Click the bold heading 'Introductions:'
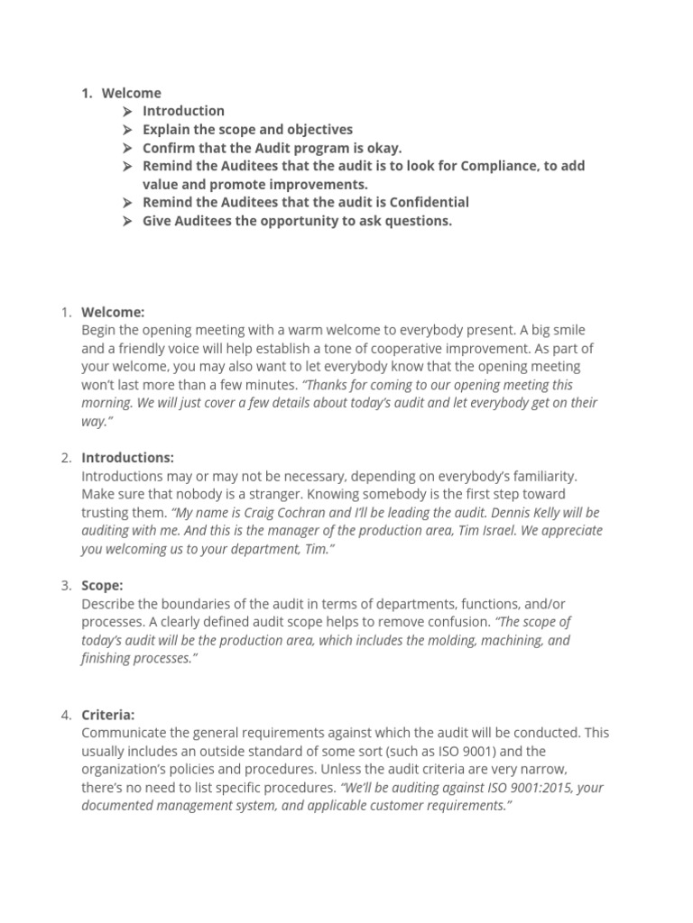(x=127, y=458)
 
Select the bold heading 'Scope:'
(x=102, y=586)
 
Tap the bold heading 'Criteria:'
(x=107, y=715)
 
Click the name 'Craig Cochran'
(x=288, y=513)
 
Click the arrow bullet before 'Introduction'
(x=127, y=111)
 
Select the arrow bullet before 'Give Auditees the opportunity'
(x=127, y=221)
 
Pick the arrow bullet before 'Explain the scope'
(x=127, y=129)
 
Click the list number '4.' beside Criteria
(x=67, y=715)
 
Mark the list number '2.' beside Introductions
(x=67, y=458)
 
